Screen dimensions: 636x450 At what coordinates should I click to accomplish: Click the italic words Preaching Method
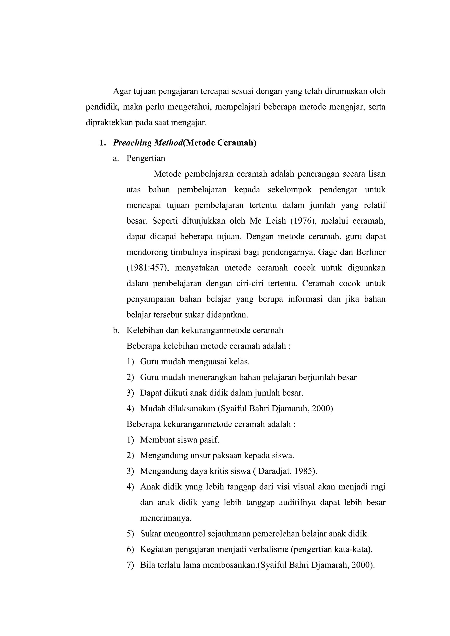[x=148, y=143]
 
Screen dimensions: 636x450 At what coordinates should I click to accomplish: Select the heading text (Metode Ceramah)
[x=220, y=143]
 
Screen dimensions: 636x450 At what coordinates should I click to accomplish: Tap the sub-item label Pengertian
[x=146, y=158]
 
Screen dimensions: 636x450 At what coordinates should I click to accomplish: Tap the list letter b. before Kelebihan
[x=116, y=331]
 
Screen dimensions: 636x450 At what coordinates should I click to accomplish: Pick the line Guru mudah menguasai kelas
[x=195, y=362]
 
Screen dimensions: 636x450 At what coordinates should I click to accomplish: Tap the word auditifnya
[x=297, y=502]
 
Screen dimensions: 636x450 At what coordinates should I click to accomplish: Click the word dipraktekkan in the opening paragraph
[x=109, y=123]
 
